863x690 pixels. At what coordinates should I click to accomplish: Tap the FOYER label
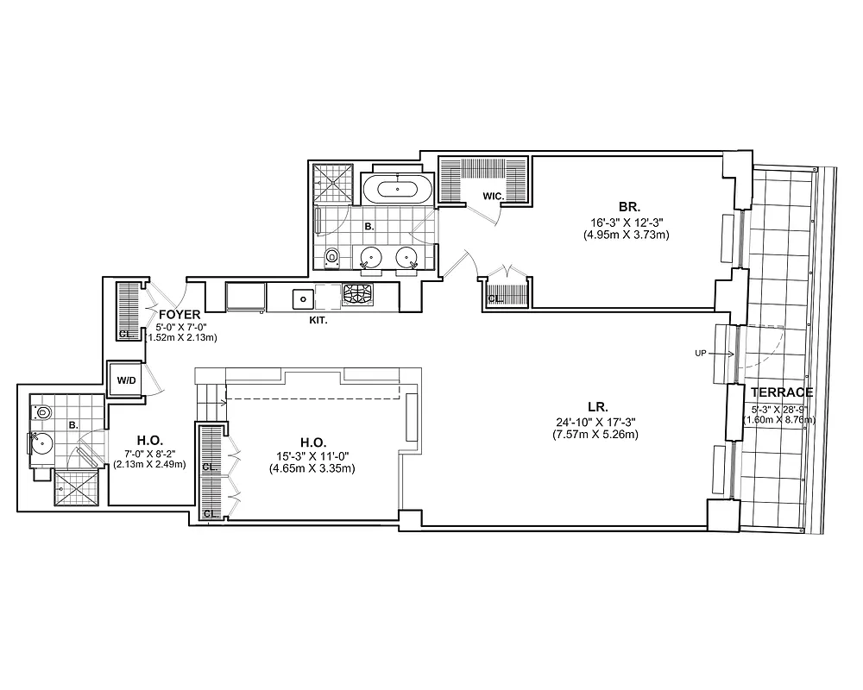pyautogui.click(x=180, y=315)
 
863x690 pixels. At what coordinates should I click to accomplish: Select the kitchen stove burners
pyautogui.click(x=358, y=295)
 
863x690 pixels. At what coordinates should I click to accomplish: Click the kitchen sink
pyautogui.click(x=303, y=298)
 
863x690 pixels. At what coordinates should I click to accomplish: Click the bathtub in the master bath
pyautogui.click(x=396, y=188)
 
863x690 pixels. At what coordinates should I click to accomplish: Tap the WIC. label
pyautogui.click(x=493, y=196)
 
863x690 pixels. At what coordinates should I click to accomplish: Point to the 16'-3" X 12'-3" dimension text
pyautogui.click(x=627, y=222)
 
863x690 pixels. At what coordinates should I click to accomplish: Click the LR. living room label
pyautogui.click(x=597, y=406)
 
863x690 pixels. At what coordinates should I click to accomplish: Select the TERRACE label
pyautogui.click(x=781, y=392)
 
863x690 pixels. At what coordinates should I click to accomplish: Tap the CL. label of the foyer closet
pyautogui.click(x=125, y=333)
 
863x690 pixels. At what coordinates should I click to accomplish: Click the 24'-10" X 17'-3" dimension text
pyautogui.click(x=597, y=421)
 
